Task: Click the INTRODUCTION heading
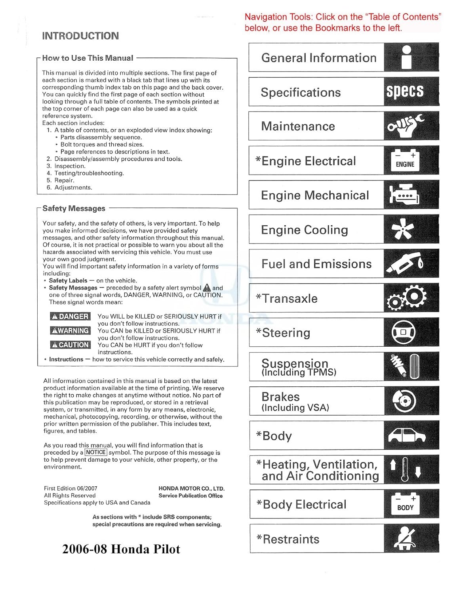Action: pos(80,36)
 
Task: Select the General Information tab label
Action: pos(318,58)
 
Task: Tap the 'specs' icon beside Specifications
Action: pos(405,91)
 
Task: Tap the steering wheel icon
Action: pos(403,332)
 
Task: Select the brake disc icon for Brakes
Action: pos(404,401)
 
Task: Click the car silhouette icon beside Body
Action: pos(406,435)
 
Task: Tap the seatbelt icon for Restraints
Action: pos(404,539)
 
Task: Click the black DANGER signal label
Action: pos(70,317)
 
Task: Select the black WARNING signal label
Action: pos(70,331)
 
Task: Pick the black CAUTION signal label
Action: pos(70,345)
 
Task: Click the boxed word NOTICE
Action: pos(96,452)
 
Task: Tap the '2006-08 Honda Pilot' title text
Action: pos(121,549)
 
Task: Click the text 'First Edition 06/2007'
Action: pos(70,488)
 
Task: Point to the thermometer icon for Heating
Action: pos(404,469)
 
